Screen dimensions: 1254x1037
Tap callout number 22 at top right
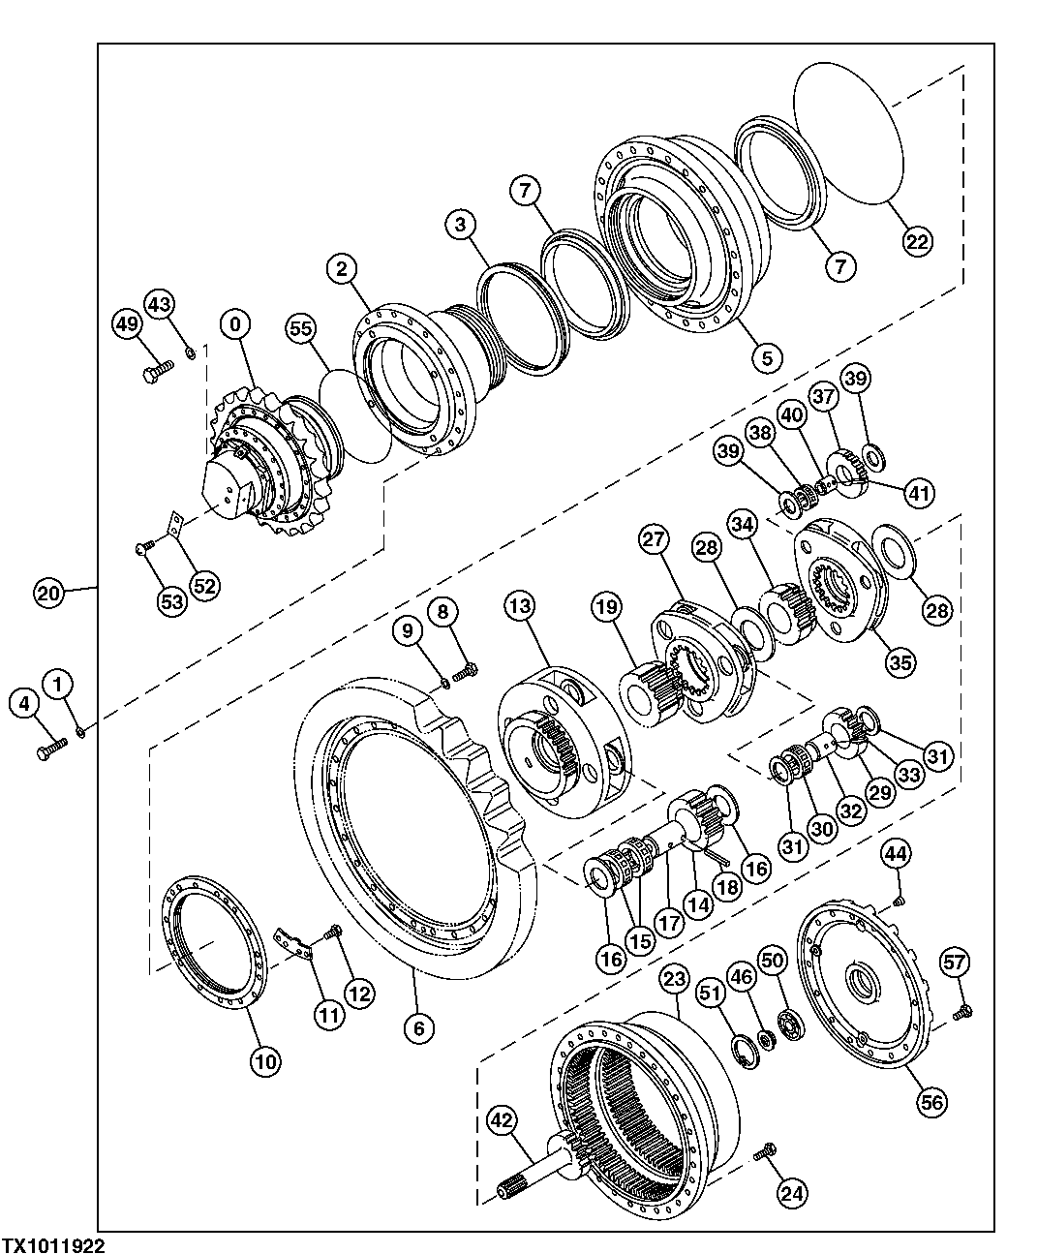(x=918, y=239)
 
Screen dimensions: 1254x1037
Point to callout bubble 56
(x=932, y=1100)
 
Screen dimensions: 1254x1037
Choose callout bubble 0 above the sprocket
(x=235, y=324)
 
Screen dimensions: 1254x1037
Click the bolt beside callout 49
(x=156, y=372)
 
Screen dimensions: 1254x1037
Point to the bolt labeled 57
(x=961, y=1013)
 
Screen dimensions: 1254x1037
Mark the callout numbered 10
(x=266, y=1061)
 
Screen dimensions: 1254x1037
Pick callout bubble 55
(x=301, y=329)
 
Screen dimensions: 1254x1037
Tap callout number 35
(x=900, y=662)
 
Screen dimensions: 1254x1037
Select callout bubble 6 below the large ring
(x=418, y=1027)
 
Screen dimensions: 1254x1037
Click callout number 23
(x=675, y=979)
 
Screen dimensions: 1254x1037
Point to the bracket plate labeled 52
(x=175, y=526)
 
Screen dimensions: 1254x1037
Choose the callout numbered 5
(x=766, y=357)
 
